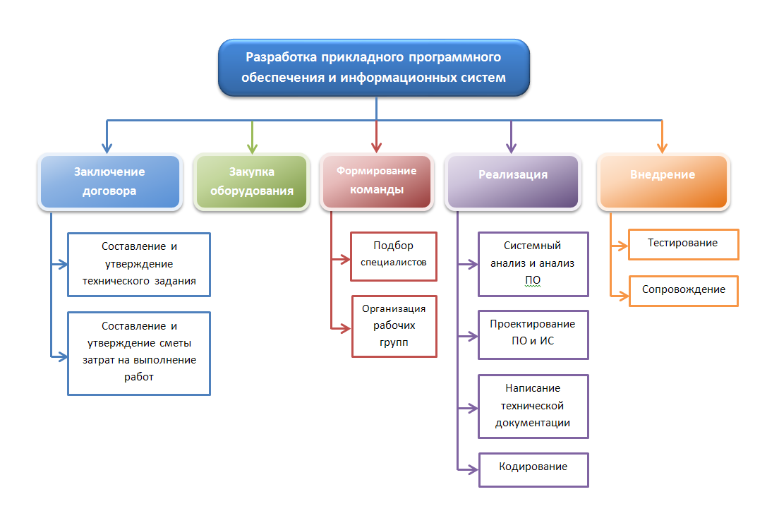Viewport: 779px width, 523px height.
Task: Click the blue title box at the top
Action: coord(374,68)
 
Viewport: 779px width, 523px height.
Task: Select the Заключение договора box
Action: coord(109,181)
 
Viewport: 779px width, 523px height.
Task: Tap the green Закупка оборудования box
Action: coord(251,181)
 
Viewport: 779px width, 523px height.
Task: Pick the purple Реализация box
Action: coord(513,182)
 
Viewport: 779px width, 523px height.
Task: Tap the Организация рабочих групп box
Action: coord(394,326)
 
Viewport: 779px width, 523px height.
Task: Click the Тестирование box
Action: coord(683,244)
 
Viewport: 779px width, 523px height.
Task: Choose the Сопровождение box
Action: coord(683,291)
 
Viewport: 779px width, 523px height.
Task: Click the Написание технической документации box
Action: coord(533,407)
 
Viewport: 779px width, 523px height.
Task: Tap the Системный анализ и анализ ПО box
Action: coord(533,264)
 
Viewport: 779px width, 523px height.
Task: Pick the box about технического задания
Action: coord(139,265)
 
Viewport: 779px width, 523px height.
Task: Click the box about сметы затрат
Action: coord(139,353)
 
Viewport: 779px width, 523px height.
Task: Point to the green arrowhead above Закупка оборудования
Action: coord(251,148)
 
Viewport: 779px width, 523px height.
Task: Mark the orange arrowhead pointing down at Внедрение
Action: coord(662,148)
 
